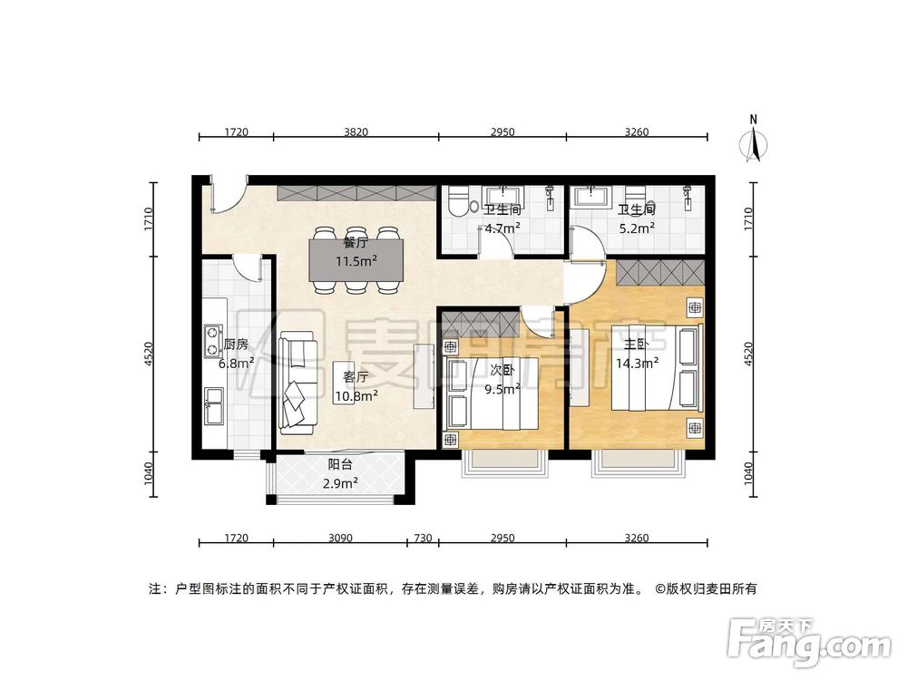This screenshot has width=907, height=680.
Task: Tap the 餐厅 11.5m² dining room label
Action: (355, 251)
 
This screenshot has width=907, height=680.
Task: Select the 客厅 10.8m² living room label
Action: (355, 385)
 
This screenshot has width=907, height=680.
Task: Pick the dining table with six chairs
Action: (355, 258)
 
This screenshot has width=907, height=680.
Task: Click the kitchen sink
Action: (215, 405)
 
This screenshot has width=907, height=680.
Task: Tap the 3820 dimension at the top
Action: (356, 132)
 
